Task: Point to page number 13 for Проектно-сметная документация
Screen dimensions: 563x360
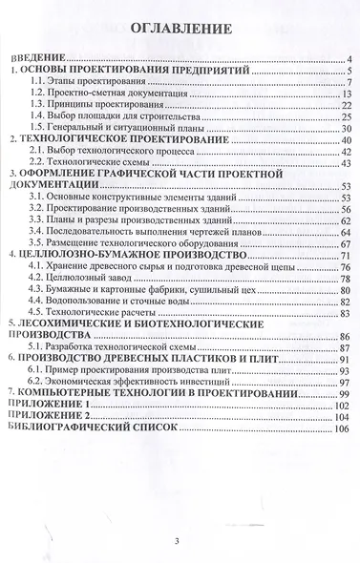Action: pyautogui.click(x=348, y=95)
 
